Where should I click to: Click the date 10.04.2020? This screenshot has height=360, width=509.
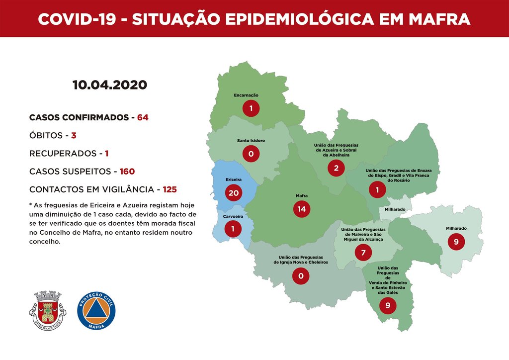(109, 85)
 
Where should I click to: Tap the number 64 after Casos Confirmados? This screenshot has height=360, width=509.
(143, 118)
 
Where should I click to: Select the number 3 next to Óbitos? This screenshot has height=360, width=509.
(73, 135)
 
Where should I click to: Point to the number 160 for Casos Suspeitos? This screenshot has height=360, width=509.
(127, 172)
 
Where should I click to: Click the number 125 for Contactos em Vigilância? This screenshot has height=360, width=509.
(169, 189)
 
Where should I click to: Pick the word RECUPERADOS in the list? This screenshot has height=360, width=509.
(62, 153)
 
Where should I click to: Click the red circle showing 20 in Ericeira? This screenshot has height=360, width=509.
(233, 192)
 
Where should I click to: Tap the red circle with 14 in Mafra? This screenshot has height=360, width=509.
(301, 209)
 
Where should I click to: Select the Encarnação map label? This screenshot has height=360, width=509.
(246, 95)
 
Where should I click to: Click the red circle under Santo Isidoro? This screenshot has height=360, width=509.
(251, 154)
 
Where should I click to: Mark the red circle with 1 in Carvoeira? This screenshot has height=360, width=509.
(233, 229)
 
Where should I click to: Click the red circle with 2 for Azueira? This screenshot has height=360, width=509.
(336, 168)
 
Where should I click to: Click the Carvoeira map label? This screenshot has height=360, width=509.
(233, 217)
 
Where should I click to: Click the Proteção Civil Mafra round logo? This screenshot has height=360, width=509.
(96, 310)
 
